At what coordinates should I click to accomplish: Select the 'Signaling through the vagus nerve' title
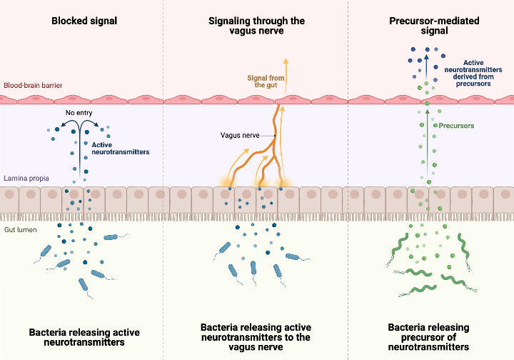(x=256, y=26)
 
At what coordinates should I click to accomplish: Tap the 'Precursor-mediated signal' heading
(x=429, y=26)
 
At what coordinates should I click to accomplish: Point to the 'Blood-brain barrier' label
(x=33, y=85)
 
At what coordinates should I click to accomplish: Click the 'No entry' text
(x=79, y=112)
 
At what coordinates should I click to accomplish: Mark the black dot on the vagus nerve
(x=274, y=135)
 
